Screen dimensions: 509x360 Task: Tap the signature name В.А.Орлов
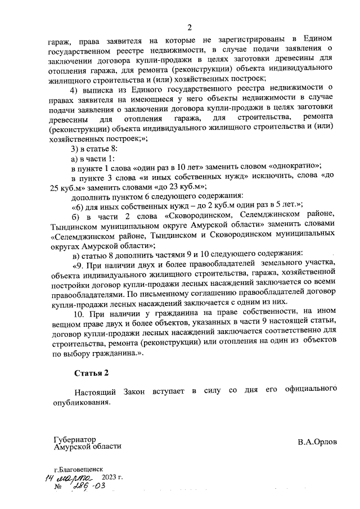coord(317,442)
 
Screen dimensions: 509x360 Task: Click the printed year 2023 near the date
coord(112,477)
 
